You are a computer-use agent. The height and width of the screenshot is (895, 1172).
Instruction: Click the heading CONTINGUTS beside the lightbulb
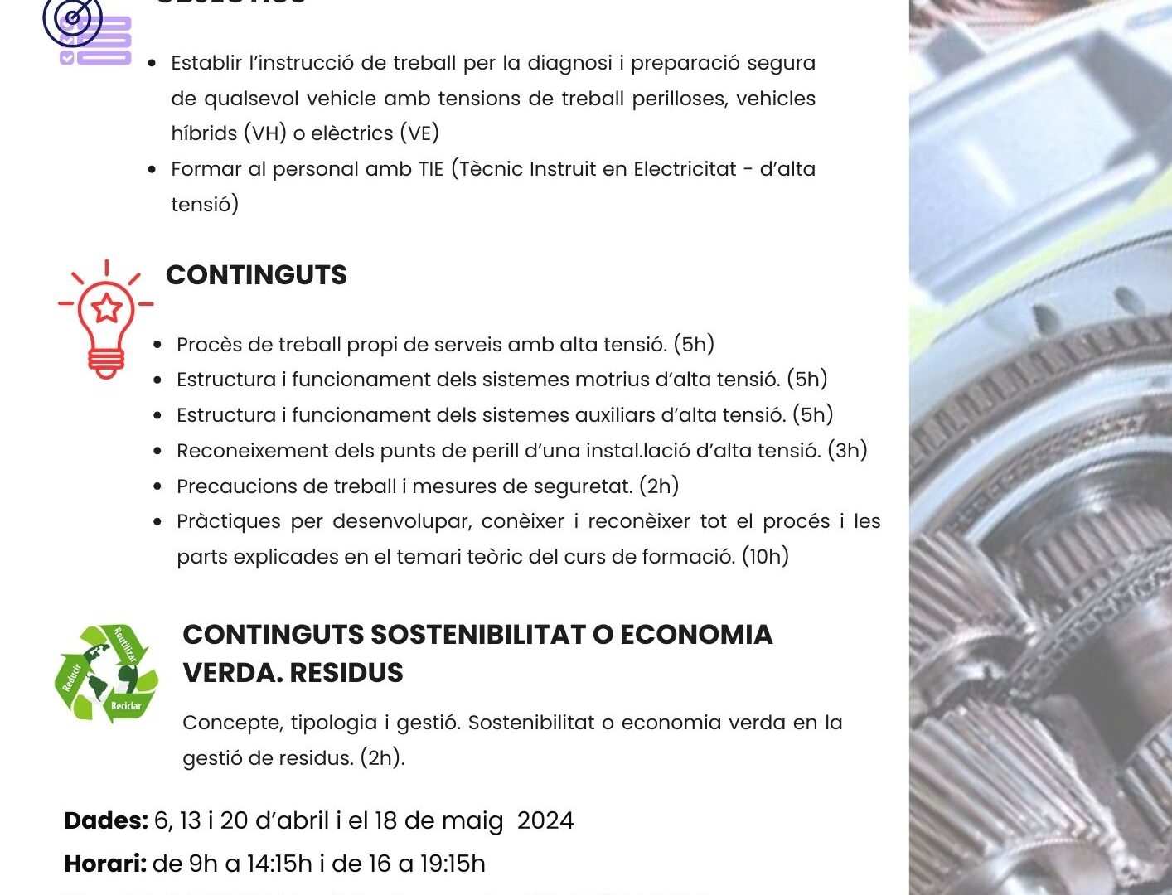click(256, 275)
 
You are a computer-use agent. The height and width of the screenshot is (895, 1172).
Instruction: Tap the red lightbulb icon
click(106, 319)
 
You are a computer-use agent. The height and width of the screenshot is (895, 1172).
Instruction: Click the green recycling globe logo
click(106, 673)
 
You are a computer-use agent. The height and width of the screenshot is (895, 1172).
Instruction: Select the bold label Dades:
click(106, 820)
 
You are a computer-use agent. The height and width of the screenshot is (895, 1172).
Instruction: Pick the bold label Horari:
click(105, 864)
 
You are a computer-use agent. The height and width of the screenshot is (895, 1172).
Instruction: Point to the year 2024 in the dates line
click(545, 820)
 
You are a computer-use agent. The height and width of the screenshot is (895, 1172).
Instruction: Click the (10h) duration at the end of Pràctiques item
click(765, 556)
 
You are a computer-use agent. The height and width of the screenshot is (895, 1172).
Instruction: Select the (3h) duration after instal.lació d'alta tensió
click(847, 450)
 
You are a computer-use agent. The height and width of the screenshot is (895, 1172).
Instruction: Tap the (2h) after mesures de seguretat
click(659, 486)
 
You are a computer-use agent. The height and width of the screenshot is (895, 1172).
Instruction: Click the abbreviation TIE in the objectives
click(431, 169)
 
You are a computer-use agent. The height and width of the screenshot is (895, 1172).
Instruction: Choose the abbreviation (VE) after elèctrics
click(419, 133)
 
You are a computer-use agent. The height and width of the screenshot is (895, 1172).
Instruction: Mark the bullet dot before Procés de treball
click(157, 345)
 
